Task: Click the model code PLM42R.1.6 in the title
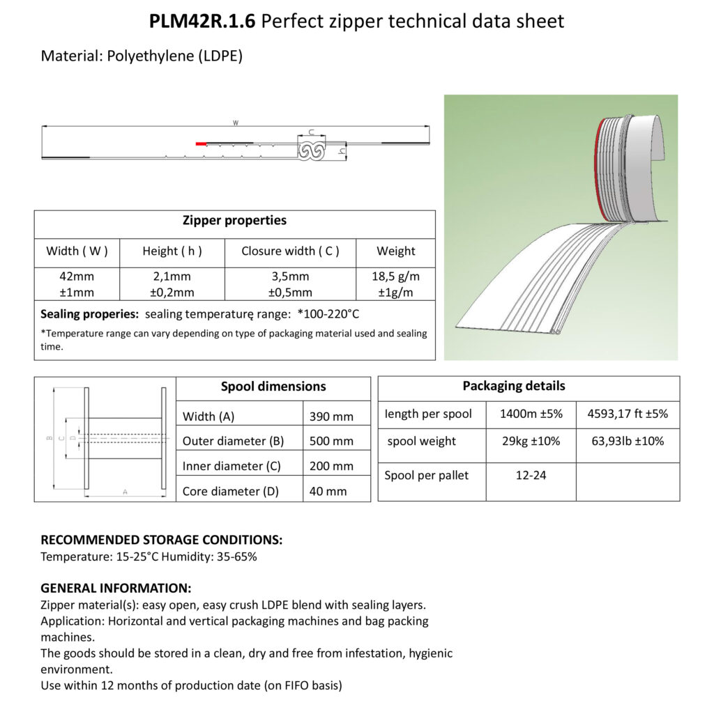pyautogui.click(x=202, y=21)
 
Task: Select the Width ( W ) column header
pyautogui.click(x=77, y=251)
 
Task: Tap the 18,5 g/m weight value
pyautogui.click(x=396, y=276)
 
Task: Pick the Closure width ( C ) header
pyautogui.click(x=290, y=251)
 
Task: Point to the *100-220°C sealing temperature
pyautogui.click(x=328, y=314)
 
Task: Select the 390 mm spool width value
pyautogui.click(x=331, y=417)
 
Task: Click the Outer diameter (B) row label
pyautogui.click(x=233, y=441)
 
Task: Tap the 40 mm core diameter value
pyautogui.click(x=328, y=491)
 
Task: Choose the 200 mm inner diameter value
pyautogui.click(x=331, y=466)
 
